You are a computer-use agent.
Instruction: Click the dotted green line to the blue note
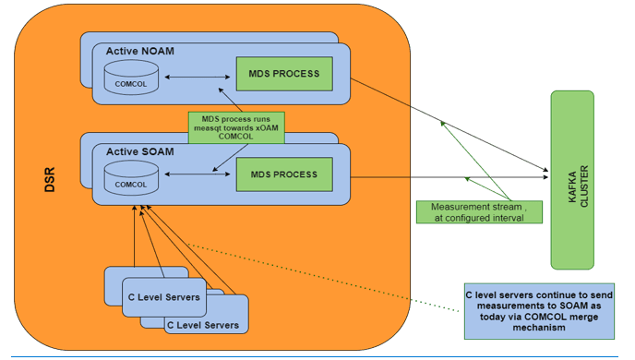pos(323,277)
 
